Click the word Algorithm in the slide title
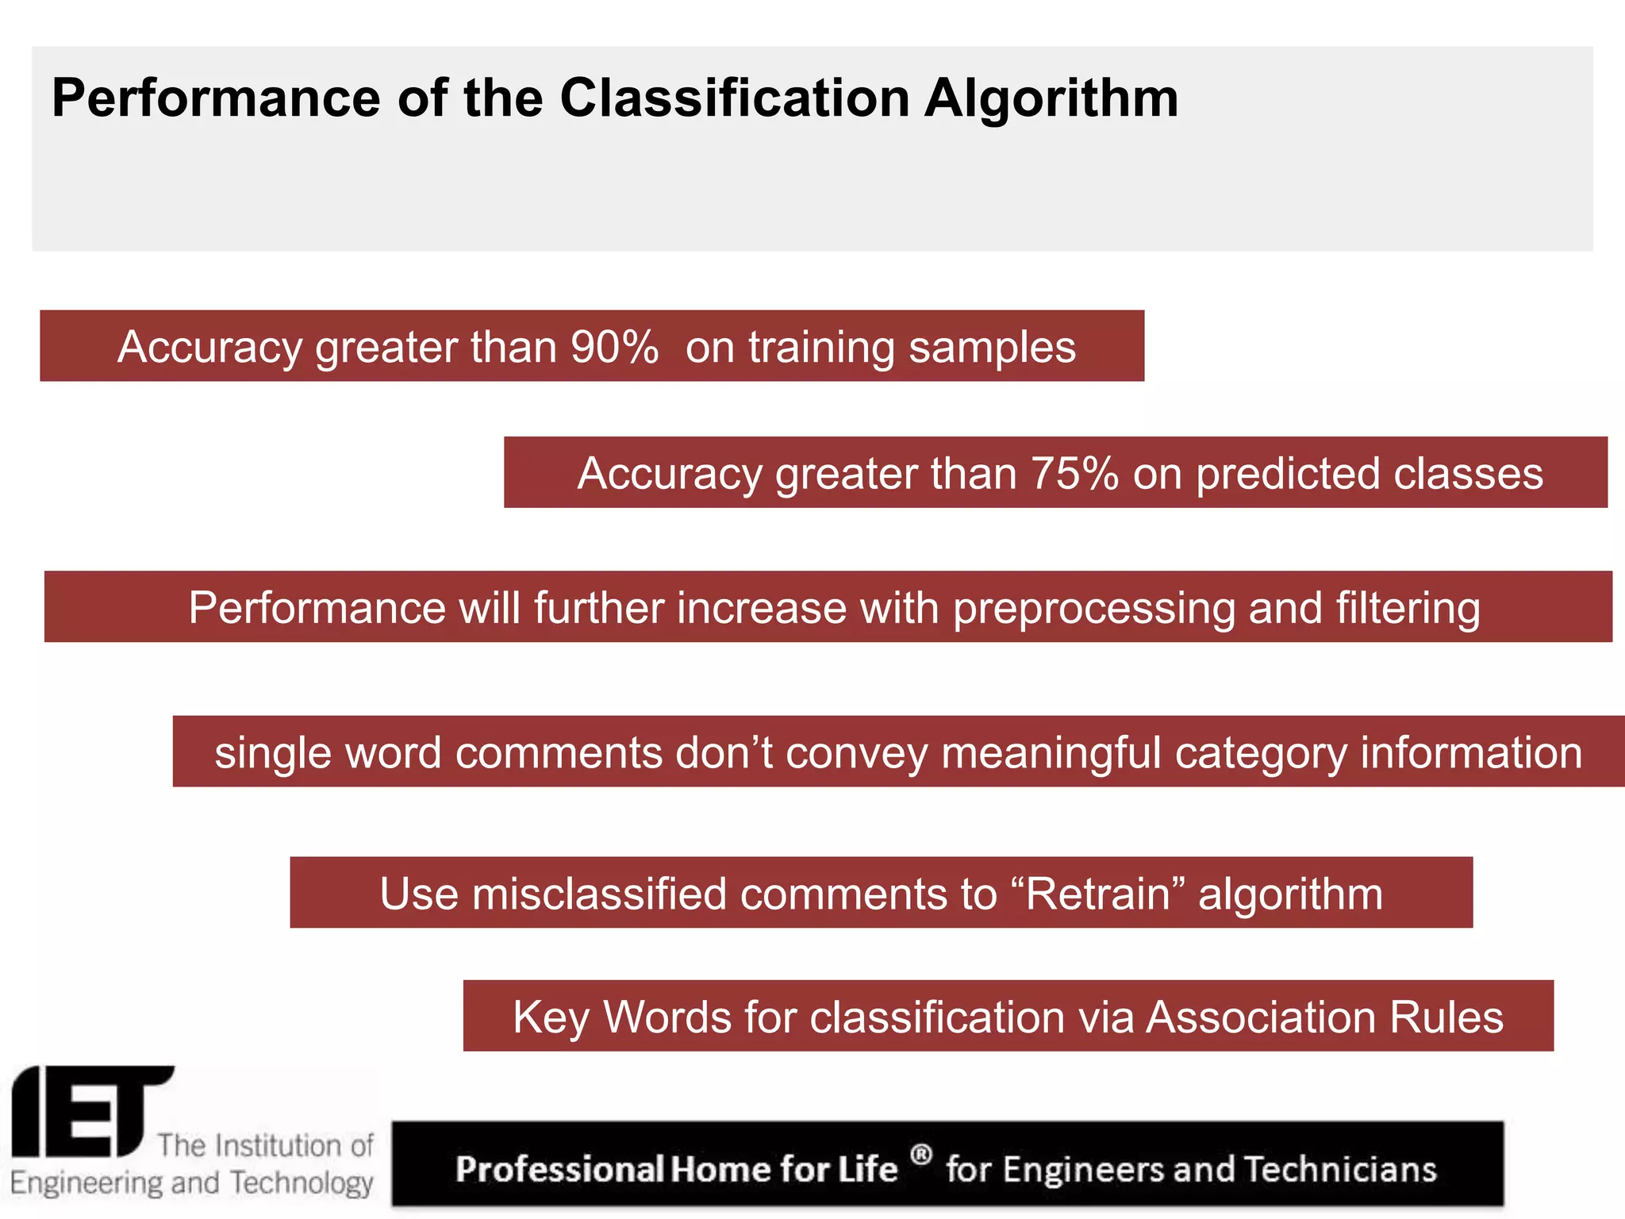coord(1051,99)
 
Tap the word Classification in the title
coord(735,98)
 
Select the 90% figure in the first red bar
coord(614,347)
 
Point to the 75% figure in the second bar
coord(1074,474)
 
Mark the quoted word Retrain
coord(1098,894)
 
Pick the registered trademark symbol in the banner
coord(920,1154)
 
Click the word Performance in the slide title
coord(216,98)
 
